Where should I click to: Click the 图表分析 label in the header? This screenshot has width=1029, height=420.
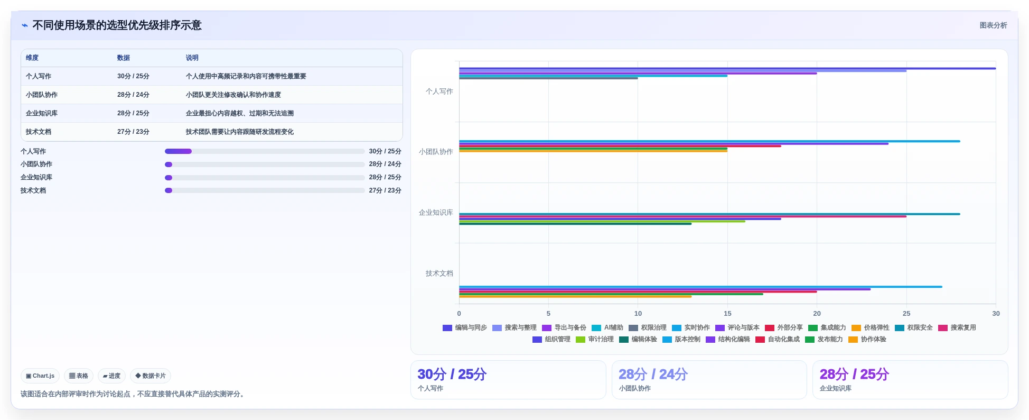coord(993,25)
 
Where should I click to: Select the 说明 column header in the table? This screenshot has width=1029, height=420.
coord(192,58)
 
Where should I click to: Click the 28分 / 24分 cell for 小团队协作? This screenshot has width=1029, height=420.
coord(133,95)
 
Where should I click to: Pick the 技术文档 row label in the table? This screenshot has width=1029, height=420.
coord(39,132)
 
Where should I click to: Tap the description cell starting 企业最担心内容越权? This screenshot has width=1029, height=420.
coord(240,113)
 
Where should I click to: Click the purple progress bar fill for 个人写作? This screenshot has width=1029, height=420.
coord(178,151)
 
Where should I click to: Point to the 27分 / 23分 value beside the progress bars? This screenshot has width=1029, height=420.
coord(385,190)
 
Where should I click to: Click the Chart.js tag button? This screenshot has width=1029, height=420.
coord(40,376)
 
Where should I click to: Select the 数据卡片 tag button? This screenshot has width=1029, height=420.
coord(151,376)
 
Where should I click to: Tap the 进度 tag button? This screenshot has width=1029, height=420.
coord(111,376)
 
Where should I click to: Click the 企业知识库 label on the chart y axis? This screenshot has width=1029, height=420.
coord(436,213)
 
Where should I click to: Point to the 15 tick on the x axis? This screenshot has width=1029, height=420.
coord(727,314)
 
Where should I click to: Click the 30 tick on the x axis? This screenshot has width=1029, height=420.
coord(996,314)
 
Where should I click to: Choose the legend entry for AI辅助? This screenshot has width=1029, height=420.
coord(607,328)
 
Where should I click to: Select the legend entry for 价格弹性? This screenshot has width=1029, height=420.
coord(871,328)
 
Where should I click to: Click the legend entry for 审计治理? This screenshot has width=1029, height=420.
coord(595,340)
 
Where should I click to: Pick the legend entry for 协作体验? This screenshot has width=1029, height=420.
coord(867,340)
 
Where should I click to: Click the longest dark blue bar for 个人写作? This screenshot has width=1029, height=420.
coord(727,68)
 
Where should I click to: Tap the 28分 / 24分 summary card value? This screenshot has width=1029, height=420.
coord(653,375)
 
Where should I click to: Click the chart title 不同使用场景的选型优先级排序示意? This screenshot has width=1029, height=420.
coord(117,25)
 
